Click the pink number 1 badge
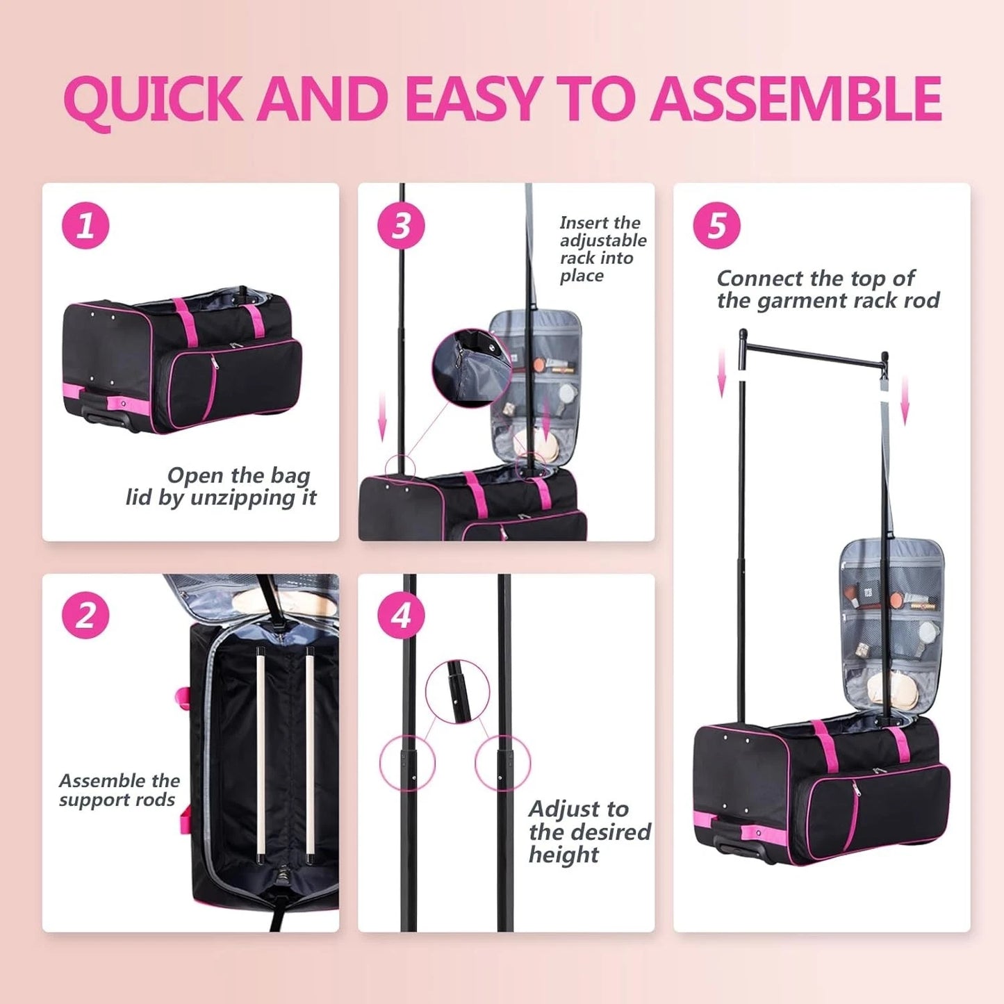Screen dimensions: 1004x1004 (x=85, y=226)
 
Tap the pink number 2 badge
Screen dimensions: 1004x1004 (x=85, y=615)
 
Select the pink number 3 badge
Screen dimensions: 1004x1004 (x=401, y=226)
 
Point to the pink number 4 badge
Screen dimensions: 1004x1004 (x=401, y=615)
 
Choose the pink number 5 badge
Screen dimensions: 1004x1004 (x=716, y=226)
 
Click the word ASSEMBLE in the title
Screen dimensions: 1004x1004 (x=796, y=99)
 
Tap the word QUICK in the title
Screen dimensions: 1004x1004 (x=153, y=100)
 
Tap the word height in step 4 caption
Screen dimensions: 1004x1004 (x=563, y=855)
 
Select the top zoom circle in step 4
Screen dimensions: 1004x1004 (x=457, y=692)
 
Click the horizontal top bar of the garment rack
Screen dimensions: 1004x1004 (x=813, y=352)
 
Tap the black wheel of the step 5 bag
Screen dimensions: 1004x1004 (x=739, y=850)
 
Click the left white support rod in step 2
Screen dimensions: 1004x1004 (x=260, y=754)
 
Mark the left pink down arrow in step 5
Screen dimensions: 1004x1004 (x=723, y=372)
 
